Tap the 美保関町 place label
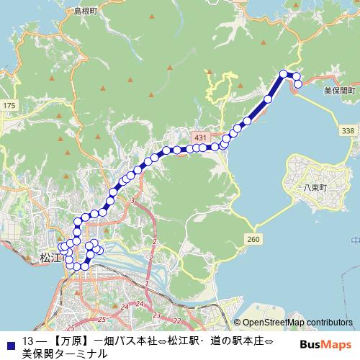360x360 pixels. [x=339, y=91]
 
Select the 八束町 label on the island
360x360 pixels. [x=315, y=186]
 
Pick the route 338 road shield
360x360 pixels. [x=348, y=130]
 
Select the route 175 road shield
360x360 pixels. [x=9, y=106]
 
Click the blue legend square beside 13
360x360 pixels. [x=9, y=341]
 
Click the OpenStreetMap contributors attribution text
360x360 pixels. [x=295, y=323]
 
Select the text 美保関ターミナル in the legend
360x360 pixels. [x=65, y=354]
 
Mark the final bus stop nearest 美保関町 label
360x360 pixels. [x=297, y=85]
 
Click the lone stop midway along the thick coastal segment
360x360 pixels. [x=269, y=99]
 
